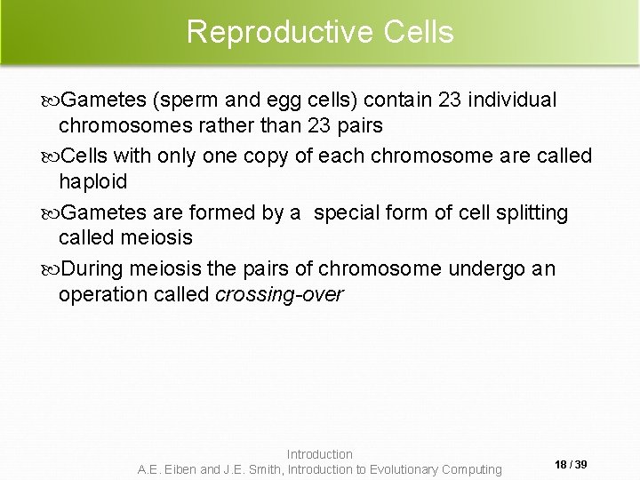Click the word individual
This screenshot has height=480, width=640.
pos(503,100)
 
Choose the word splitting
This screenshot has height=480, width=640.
pos(524,212)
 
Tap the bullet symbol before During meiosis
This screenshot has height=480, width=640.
pos(51,268)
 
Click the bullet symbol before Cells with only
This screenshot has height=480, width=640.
pos(51,156)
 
